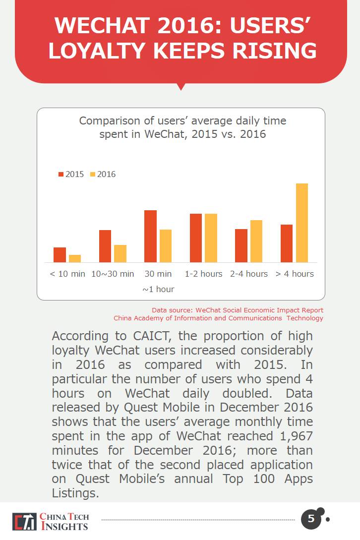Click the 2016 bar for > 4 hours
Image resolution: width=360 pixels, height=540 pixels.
[302, 223]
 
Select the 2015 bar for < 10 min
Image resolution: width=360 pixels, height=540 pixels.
[60, 255]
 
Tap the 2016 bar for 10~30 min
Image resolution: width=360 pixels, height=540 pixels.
[120, 253]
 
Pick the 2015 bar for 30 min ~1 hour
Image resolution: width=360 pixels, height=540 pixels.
[150, 236]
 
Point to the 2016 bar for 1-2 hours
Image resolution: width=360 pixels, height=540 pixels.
[211, 238]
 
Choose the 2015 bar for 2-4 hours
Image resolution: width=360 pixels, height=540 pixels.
[241, 245]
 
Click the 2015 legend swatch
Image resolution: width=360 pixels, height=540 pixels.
[61, 174]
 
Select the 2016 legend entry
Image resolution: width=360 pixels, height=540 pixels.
[103, 174]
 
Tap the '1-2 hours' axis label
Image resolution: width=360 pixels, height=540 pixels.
[204, 274]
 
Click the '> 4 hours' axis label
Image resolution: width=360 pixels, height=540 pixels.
[295, 274]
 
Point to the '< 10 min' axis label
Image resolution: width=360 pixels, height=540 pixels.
[67, 274]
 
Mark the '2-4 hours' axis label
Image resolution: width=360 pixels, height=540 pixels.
[249, 274]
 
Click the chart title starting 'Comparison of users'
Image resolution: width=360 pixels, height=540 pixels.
[182, 127]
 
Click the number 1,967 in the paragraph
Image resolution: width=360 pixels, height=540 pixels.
[292, 435]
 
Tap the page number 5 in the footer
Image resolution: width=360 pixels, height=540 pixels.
[311, 519]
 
